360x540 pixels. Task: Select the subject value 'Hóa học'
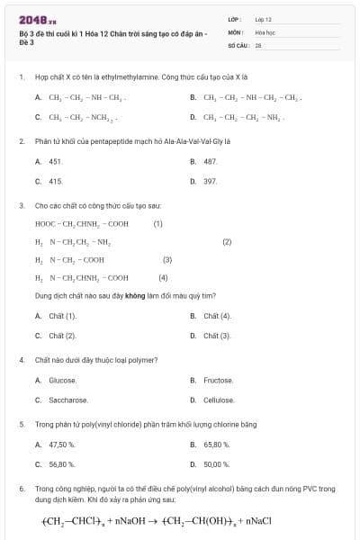[x=265, y=31]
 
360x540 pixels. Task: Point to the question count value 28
[x=257, y=44]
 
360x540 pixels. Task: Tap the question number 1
[x=20, y=77]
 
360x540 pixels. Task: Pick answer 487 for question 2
[x=210, y=161]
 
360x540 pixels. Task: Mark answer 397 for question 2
[x=210, y=181]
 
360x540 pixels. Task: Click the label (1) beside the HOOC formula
[x=157, y=223]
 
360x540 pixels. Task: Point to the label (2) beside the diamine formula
[x=227, y=241]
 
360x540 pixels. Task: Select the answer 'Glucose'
[x=62, y=381]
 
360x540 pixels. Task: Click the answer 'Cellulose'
[x=219, y=400]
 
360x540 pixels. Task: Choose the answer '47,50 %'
[x=61, y=445]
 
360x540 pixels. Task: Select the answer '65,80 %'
[x=216, y=445]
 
